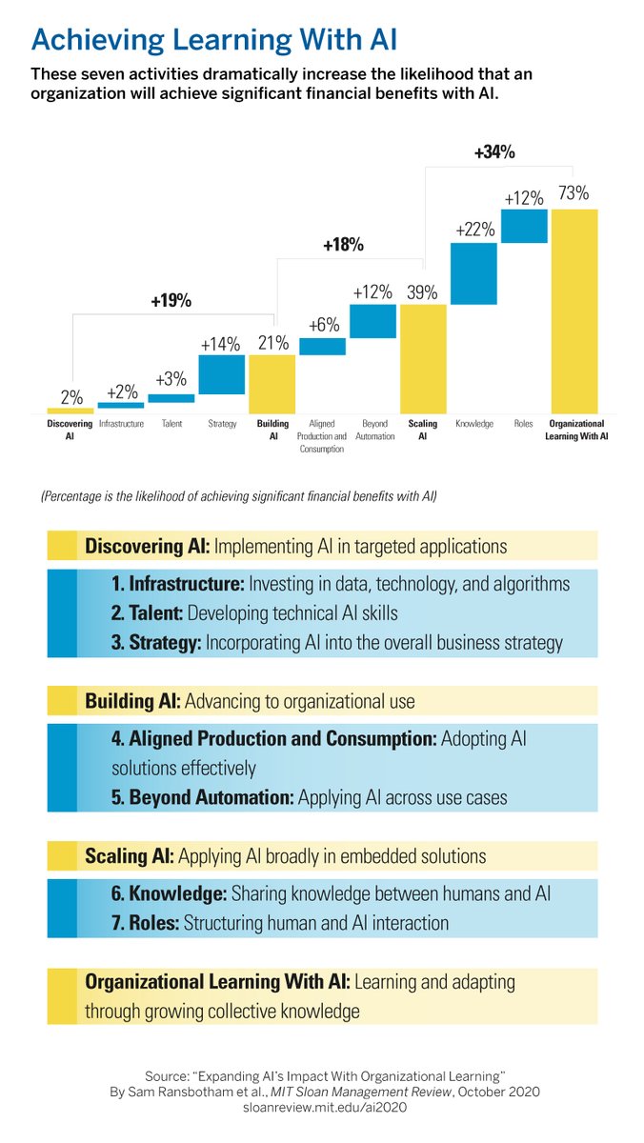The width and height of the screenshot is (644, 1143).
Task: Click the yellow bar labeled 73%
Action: tap(574, 310)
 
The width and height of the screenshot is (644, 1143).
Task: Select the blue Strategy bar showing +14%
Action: tap(221, 374)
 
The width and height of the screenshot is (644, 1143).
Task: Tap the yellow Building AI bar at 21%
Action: tap(272, 383)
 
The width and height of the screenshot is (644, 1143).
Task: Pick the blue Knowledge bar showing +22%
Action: tap(473, 274)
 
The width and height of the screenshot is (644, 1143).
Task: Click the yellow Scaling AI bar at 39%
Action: tap(423, 358)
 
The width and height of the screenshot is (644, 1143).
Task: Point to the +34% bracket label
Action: tap(493, 151)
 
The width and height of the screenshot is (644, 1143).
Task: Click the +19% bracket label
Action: tap(171, 301)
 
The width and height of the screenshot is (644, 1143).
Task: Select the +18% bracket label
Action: tap(343, 245)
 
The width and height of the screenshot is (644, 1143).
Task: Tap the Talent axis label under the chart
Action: tap(171, 424)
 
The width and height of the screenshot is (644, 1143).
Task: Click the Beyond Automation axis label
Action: tap(373, 430)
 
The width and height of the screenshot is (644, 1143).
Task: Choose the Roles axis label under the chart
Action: tap(524, 424)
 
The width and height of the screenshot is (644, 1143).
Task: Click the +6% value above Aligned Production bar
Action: tap(323, 325)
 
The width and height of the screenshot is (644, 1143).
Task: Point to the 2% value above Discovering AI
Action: tap(71, 397)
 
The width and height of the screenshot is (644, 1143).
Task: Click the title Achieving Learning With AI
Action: tap(214, 39)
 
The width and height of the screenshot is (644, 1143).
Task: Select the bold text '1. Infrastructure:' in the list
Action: tap(177, 583)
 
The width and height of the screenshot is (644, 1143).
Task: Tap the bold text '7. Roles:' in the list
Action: tap(144, 922)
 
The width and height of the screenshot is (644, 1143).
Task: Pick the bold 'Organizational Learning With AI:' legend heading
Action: tap(218, 982)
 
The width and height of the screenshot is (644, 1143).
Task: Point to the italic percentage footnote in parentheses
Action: tap(238, 496)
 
